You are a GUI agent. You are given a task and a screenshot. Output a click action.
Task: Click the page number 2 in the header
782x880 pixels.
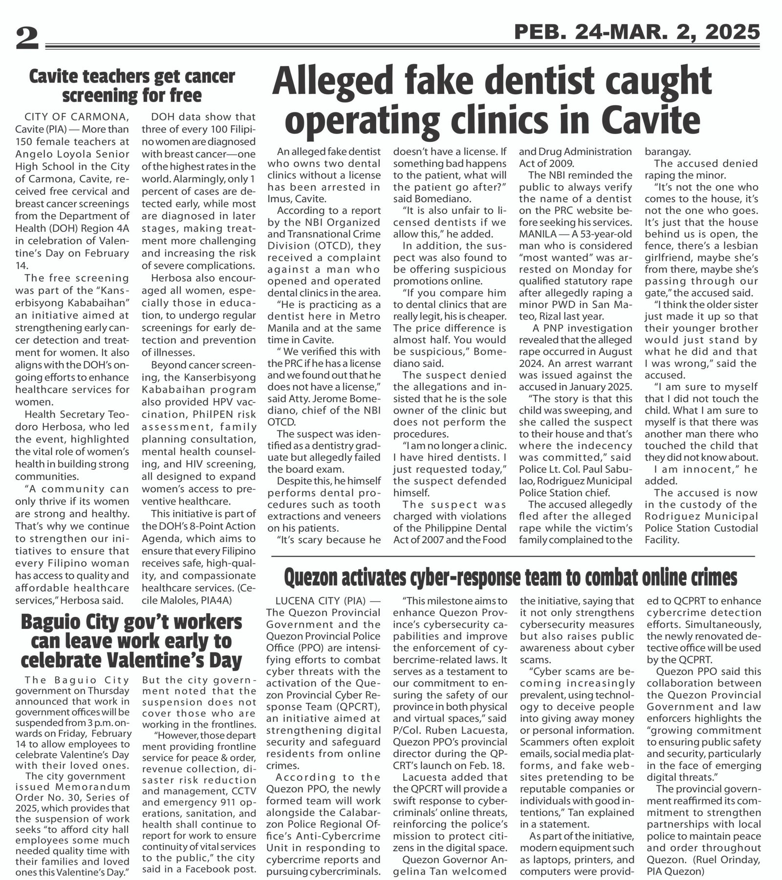tap(27, 39)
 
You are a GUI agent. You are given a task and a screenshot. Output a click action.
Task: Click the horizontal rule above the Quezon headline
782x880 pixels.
tap(513, 556)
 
